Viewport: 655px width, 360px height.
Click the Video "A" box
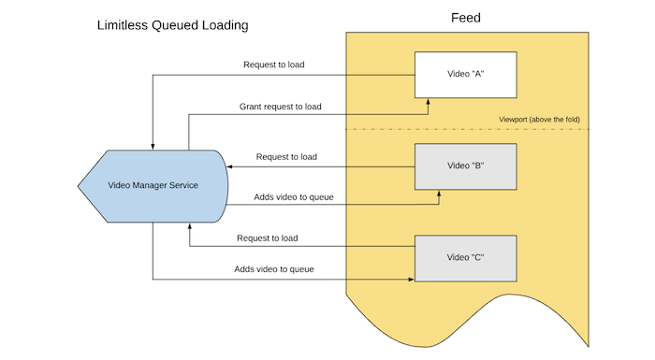(465, 75)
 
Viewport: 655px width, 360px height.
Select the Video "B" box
(465, 166)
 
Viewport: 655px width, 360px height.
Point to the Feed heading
(465, 17)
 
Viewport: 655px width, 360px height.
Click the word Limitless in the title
(124, 25)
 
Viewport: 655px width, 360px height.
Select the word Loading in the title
(225, 25)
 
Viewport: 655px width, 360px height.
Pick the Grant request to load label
(281, 107)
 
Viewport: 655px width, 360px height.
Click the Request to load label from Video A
(274, 65)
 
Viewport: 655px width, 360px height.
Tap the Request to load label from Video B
(286, 156)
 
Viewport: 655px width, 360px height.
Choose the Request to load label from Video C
(268, 238)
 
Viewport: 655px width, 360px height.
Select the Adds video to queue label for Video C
(273, 269)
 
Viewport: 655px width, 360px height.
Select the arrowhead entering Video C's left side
(410, 279)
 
